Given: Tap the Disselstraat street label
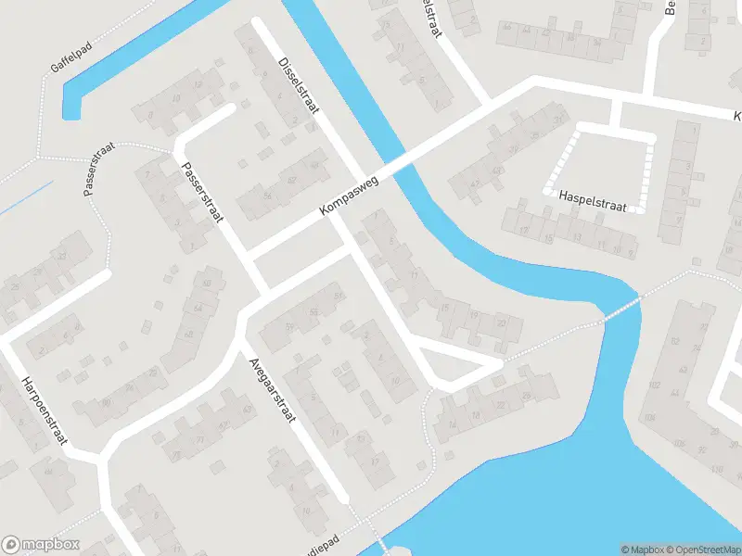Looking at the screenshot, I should [x=298, y=84].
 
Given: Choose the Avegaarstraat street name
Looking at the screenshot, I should [x=271, y=389].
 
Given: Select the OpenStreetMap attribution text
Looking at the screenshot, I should [x=705, y=550].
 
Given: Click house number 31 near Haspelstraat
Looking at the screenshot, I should [x=557, y=120].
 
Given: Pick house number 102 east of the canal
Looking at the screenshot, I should [x=655, y=385].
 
